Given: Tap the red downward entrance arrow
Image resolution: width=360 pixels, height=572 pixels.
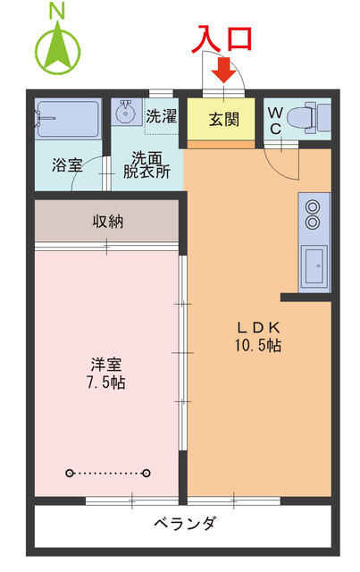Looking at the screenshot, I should tap(224, 69).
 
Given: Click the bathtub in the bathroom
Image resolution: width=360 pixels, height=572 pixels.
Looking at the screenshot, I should tap(69, 119).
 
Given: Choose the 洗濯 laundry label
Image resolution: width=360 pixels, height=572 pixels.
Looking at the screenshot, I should tap(162, 116).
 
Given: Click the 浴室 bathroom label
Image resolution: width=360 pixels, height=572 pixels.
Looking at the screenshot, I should tap(66, 165).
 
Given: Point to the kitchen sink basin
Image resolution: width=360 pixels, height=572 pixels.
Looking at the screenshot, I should tap(314, 265).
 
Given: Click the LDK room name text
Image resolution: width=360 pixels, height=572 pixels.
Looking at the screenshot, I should tap(258, 326).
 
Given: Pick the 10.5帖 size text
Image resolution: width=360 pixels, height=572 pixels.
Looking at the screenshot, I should tap(258, 345).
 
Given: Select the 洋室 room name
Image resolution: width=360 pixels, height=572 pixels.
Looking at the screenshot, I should tap(106, 365).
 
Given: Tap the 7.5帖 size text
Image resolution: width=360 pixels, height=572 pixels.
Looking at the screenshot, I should tap(106, 383).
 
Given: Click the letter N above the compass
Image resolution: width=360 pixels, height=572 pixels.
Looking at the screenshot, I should tap(57, 11).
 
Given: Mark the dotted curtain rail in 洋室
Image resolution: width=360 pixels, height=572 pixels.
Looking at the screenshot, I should tap(107, 473).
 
